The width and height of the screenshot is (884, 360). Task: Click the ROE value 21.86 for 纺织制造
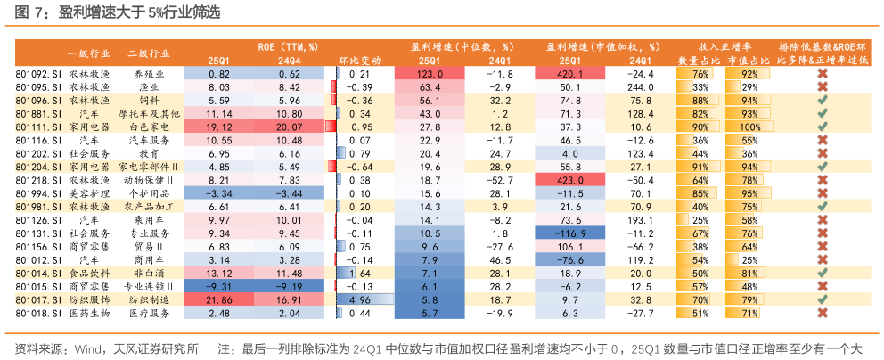(x=219, y=300)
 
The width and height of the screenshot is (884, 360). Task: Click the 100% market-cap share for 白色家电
(x=748, y=127)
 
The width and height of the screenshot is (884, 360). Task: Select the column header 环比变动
(x=360, y=60)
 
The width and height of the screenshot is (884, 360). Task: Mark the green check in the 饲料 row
(x=823, y=101)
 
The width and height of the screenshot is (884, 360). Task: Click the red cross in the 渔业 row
(x=823, y=87)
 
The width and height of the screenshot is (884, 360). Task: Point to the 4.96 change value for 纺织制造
(x=360, y=300)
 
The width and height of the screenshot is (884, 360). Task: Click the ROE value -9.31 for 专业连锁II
(x=219, y=287)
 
